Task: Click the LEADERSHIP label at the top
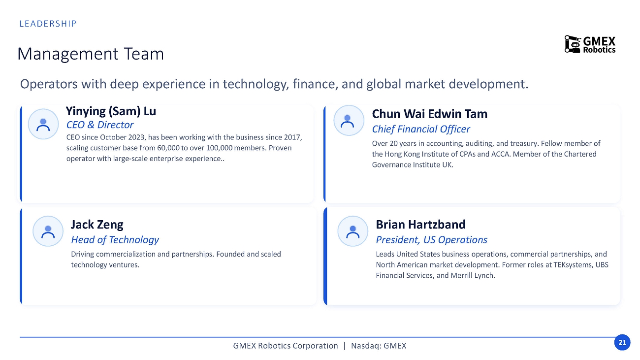coord(48,24)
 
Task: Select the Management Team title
coord(91,54)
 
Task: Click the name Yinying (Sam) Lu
coord(111,112)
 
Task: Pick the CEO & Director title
coord(100,125)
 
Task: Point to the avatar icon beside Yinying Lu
coord(43,124)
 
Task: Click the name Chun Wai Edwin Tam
coord(429,114)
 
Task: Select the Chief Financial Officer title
coord(421,129)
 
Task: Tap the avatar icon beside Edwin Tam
coord(349,120)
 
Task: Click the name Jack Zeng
coord(97,225)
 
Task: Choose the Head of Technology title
coord(115,240)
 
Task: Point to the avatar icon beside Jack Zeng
coord(48,231)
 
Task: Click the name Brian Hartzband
coord(420,225)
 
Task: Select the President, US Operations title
coord(431,240)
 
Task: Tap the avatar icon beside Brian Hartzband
coord(352,231)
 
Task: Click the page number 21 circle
coord(622,342)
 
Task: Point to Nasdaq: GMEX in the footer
coord(379,346)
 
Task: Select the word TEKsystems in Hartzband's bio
coord(574,265)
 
